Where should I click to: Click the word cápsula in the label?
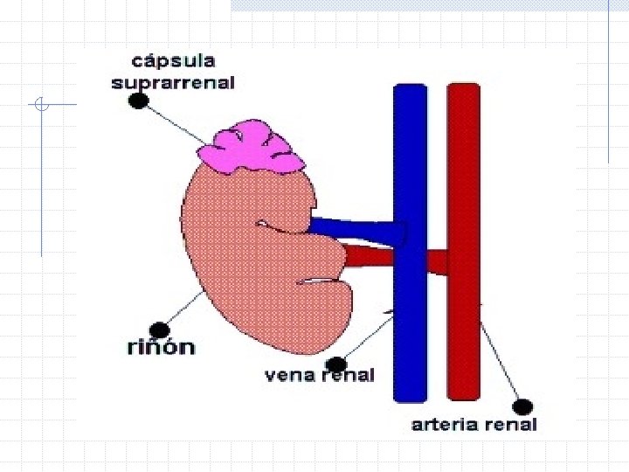(x=174, y=61)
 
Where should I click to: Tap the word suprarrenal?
(x=174, y=83)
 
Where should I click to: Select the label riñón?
(x=159, y=347)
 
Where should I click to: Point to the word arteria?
(x=445, y=425)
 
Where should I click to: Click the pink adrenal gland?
(x=251, y=149)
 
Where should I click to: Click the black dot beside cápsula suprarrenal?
(x=138, y=101)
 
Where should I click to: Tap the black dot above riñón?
(x=159, y=329)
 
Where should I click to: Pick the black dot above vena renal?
(x=335, y=363)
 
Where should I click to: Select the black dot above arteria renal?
(x=522, y=406)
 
